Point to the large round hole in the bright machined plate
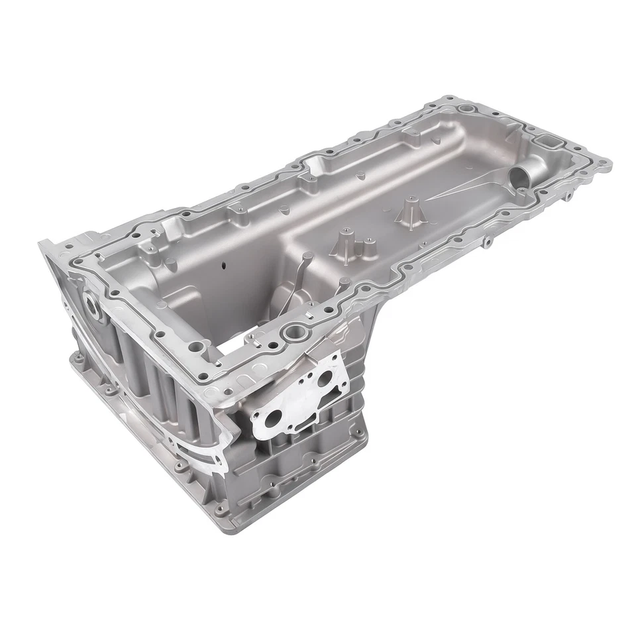pyautogui.click(x=274, y=419)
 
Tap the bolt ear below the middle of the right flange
pyautogui.click(x=487, y=242)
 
